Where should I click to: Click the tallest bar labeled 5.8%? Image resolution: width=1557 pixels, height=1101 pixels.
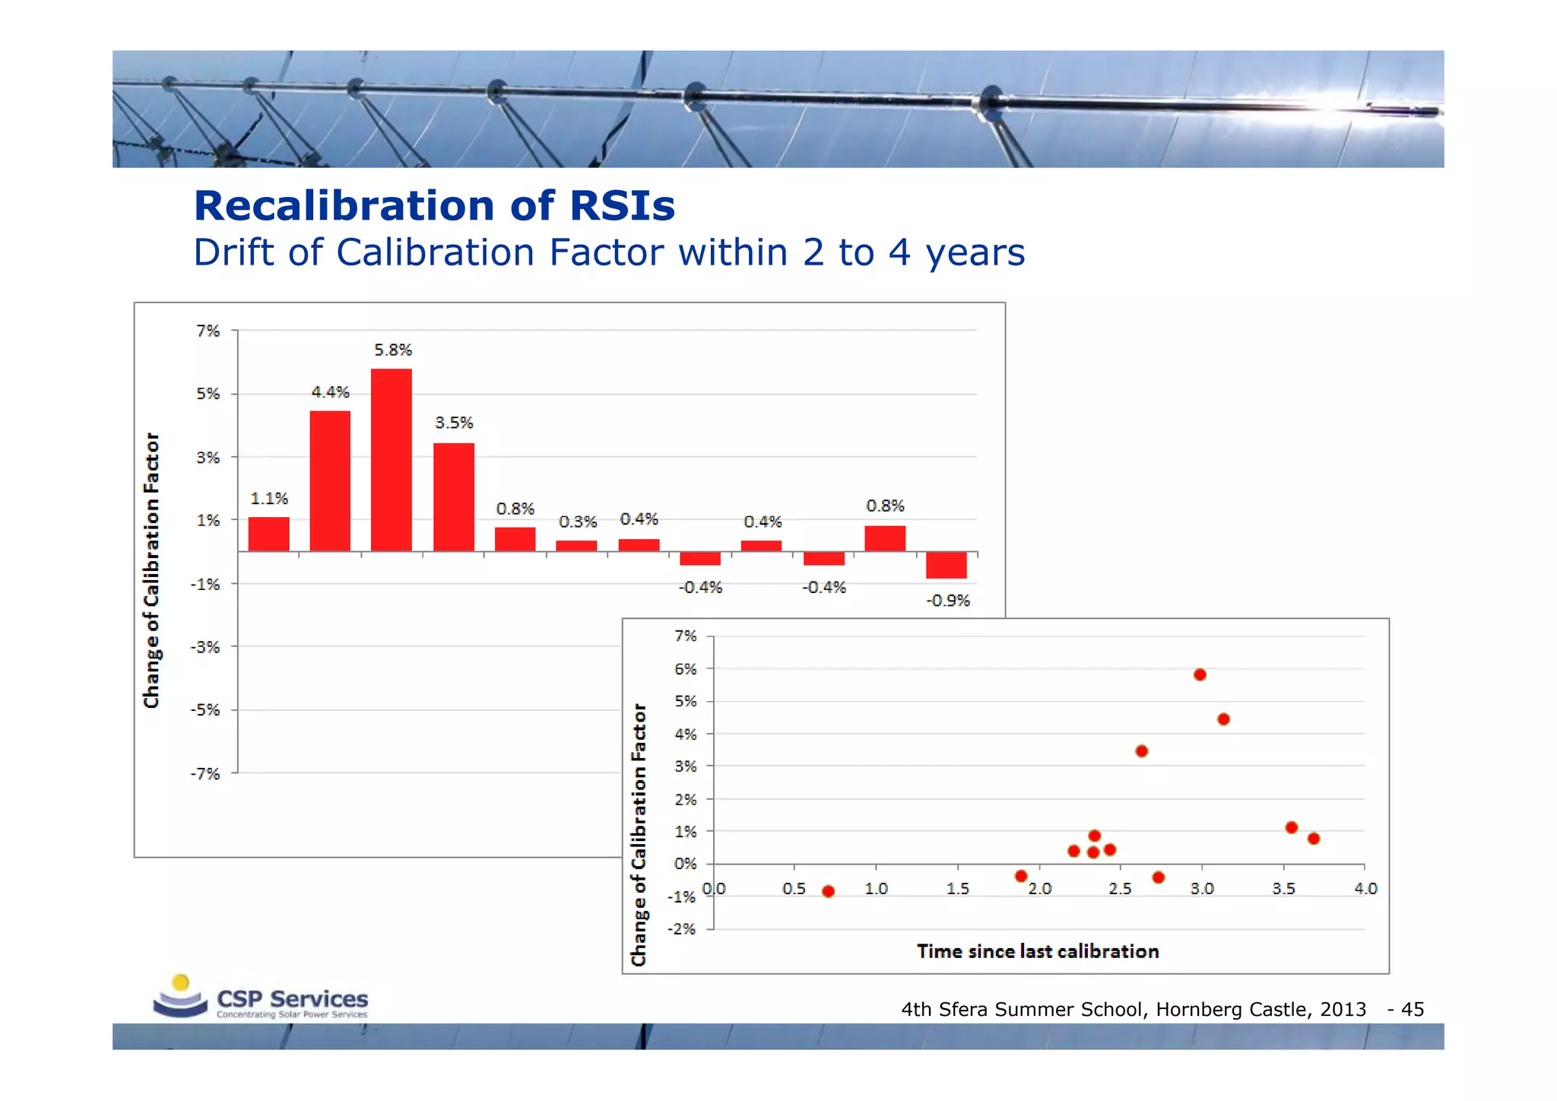pyautogui.click(x=391, y=460)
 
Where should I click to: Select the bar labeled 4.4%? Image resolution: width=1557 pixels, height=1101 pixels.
pyautogui.click(x=330, y=481)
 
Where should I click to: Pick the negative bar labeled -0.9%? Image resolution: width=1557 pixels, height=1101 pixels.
pyautogui.click(x=946, y=565)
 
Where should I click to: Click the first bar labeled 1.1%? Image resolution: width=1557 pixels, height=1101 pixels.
pyautogui.click(x=268, y=534)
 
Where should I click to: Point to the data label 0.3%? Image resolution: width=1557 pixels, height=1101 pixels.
pyautogui.click(x=578, y=522)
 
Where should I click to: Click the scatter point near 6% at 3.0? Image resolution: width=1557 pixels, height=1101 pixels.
pyautogui.click(x=1200, y=674)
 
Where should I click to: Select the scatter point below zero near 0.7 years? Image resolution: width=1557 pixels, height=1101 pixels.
pyautogui.click(x=829, y=891)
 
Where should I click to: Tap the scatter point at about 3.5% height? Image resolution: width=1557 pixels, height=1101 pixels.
pyautogui.click(x=1141, y=751)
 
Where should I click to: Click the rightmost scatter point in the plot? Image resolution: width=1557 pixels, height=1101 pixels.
pyautogui.click(x=1314, y=839)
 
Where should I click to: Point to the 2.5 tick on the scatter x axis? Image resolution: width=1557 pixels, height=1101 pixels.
pyautogui.click(x=1120, y=889)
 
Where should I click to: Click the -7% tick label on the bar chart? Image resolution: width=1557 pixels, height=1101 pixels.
pyautogui.click(x=205, y=774)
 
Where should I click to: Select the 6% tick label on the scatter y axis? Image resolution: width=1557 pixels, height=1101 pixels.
pyautogui.click(x=685, y=669)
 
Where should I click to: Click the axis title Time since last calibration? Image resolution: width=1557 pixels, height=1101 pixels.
pyautogui.click(x=1037, y=951)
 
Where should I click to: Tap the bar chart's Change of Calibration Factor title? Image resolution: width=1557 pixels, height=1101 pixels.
pyautogui.click(x=152, y=570)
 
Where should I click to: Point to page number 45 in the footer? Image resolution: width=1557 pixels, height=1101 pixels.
pyautogui.click(x=1412, y=1010)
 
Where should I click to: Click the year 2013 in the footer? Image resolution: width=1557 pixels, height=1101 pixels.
pyautogui.click(x=1343, y=1010)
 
